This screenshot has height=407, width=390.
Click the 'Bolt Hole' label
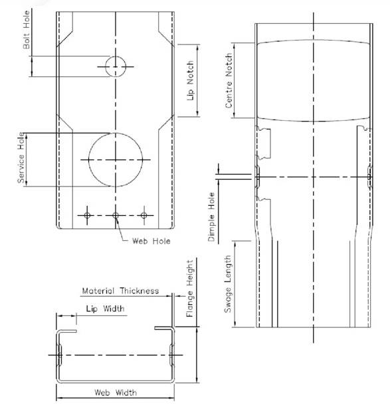click(27, 30)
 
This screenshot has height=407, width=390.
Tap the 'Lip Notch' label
click(191, 81)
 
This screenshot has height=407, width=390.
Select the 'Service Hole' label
click(21, 157)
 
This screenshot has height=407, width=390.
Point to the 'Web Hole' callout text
click(151, 241)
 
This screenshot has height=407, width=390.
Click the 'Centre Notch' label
click(229, 81)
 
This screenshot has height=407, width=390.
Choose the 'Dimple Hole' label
click(211, 217)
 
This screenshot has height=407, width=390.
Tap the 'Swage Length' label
click(228, 284)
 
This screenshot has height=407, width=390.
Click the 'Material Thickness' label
click(120, 291)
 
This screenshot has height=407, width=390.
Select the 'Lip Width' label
click(105, 309)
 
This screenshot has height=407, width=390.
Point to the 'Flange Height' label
click(190, 289)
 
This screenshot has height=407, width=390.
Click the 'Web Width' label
click(116, 392)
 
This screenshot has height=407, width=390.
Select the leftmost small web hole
click(87, 215)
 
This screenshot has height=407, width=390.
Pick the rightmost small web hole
click(144, 215)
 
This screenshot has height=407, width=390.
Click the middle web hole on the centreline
click(116, 215)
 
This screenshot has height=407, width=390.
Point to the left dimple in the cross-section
click(60, 355)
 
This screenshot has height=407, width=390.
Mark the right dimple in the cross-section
click(171, 355)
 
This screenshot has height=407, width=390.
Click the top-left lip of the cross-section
click(67, 331)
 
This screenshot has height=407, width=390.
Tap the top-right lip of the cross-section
click(164, 328)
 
